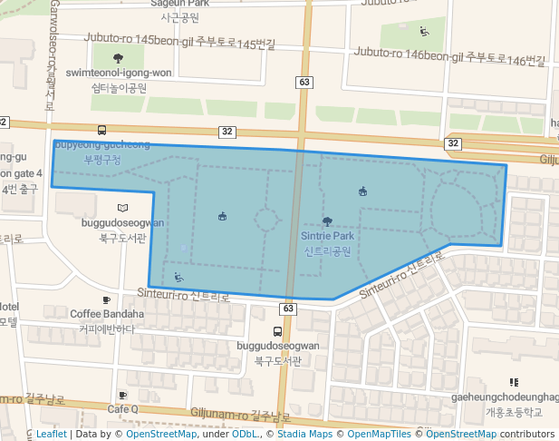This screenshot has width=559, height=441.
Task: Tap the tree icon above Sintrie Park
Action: [327, 220]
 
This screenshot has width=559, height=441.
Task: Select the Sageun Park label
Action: [185, 5]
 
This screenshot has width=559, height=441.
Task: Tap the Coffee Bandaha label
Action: [106, 314]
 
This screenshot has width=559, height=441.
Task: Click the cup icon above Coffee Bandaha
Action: [106, 299]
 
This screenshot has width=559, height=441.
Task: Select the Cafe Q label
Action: [123, 409]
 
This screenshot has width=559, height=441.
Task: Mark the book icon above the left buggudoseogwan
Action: [123, 208]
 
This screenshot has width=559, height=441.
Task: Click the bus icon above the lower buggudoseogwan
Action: [277, 331]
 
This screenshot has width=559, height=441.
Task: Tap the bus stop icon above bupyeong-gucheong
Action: [101, 130]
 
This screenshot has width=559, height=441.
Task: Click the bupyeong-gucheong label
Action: [101, 144]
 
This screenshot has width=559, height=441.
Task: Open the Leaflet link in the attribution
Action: [51, 435]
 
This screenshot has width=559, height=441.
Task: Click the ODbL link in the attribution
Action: [245, 435]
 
